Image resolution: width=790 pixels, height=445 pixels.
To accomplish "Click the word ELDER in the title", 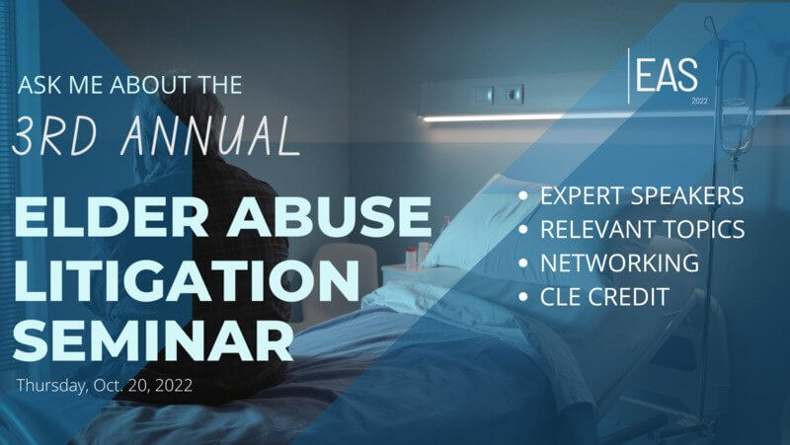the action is (112, 216).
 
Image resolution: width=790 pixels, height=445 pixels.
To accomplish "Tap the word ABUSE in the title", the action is (329, 216).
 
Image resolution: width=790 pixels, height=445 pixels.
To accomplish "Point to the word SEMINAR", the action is (154, 340).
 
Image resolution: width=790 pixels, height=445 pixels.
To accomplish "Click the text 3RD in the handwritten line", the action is (54, 136).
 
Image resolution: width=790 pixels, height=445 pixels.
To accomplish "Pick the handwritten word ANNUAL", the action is (210, 136).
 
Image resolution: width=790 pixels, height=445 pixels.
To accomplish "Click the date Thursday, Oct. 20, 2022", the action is (105, 385).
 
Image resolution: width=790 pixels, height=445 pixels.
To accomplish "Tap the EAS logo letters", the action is (667, 75).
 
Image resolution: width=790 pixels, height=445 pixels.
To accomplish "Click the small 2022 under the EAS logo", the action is (699, 101).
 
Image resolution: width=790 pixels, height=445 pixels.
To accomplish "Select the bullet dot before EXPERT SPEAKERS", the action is (523, 195).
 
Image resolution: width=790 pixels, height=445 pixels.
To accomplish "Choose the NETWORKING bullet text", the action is (620, 262).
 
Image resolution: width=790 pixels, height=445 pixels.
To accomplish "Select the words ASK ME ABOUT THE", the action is (129, 85).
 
